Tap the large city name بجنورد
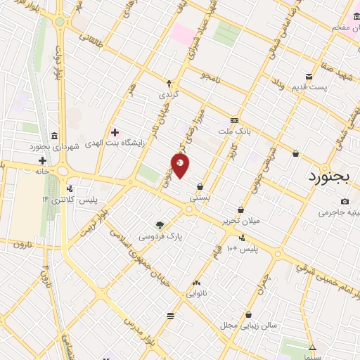333,176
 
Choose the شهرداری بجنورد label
54,147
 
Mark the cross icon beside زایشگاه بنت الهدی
115,132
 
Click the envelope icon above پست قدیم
308,77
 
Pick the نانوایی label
195,294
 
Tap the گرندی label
169,94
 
